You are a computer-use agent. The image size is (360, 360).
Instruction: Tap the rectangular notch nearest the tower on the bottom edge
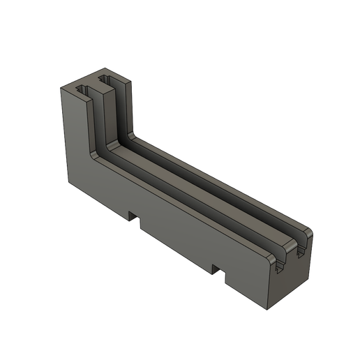[x=134, y=220]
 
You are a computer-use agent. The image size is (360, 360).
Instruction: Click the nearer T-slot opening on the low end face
[x=280, y=263]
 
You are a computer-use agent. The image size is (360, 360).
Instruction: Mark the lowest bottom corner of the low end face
[x=267, y=308]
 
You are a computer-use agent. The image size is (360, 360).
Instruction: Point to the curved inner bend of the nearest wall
[x=98, y=157]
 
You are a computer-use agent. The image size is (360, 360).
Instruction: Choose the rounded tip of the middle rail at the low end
[x=292, y=239]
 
